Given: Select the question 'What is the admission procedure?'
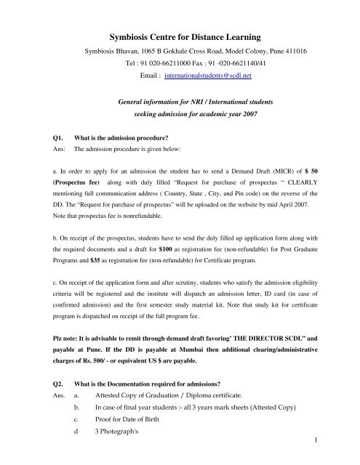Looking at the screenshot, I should [121, 134].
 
